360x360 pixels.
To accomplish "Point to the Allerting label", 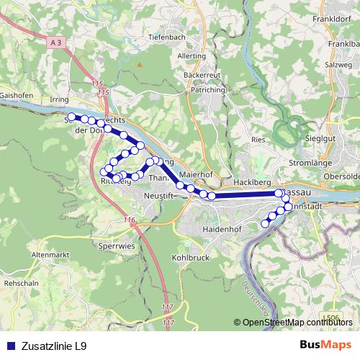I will [192, 55].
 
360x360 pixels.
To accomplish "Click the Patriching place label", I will [208, 91].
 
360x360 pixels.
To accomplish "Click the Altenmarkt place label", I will [50, 256].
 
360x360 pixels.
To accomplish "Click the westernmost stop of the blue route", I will [71, 116].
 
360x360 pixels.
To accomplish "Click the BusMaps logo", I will [326, 346].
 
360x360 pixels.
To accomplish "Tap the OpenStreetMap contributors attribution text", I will [297, 323].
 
